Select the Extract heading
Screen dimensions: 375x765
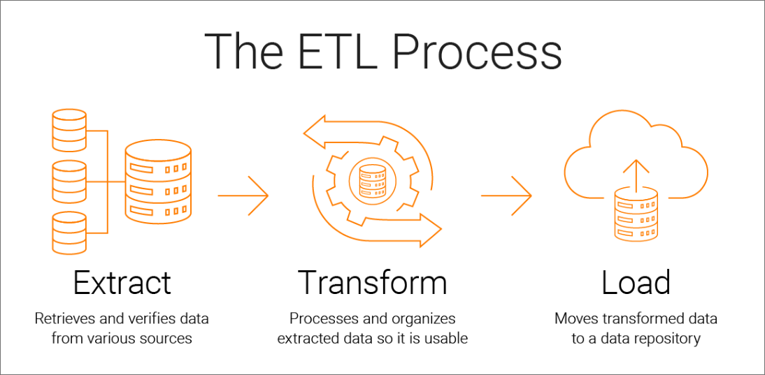(x=122, y=283)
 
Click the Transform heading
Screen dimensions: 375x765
(x=372, y=283)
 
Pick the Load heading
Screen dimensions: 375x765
(x=636, y=283)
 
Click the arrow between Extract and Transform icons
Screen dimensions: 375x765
(x=243, y=196)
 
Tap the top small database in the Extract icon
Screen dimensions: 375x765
(x=69, y=130)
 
